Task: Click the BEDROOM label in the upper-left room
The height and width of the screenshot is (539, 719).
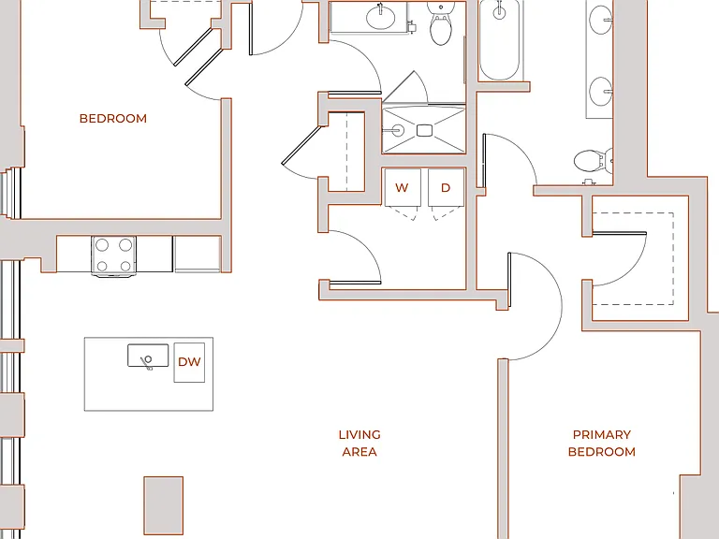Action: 112,118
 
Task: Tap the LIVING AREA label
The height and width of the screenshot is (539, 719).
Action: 359,443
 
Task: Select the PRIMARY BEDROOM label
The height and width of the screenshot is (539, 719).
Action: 602,443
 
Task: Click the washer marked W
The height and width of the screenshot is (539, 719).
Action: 403,187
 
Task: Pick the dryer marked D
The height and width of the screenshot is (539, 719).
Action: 447,187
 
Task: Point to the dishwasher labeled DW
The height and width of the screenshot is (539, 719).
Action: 189,362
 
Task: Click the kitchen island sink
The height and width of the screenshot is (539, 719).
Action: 148,357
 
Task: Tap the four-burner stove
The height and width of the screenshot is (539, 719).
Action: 113,255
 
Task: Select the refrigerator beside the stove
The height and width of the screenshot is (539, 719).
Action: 198,254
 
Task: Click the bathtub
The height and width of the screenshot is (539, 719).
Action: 500,40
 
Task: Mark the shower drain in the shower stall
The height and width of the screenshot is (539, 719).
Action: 425,131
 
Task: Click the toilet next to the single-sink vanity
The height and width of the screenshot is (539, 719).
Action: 441,23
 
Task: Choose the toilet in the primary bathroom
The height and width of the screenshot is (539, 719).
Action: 593,161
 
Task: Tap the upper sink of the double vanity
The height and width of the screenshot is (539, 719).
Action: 600,20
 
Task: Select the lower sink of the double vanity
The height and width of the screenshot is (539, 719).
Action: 600,91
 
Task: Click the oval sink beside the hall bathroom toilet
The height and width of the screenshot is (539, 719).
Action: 381,18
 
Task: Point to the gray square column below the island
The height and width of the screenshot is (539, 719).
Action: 163,505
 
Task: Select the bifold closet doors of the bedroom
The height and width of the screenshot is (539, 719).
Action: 198,56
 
